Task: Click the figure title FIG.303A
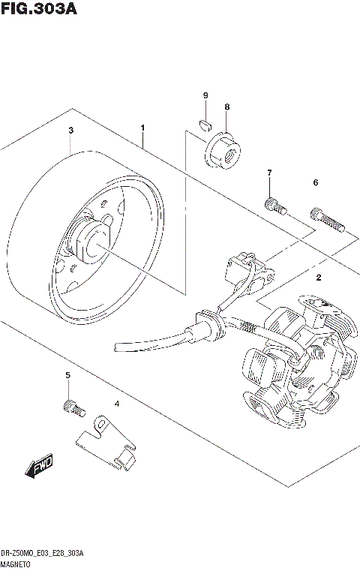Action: pyautogui.click(x=39, y=8)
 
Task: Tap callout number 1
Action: pyautogui.click(x=143, y=128)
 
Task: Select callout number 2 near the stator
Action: pyautogui.click(x=319, y=278)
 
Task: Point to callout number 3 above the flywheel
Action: pyautogui.click(x=71, y=130)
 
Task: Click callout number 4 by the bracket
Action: pyautogui.click(x=117, y=404)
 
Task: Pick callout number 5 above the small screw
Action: pyautogui.click(x=67, y=375)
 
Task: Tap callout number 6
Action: pyautogui.click(x=316, y=182)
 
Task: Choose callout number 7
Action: pyautogui.click(x=269, y=173)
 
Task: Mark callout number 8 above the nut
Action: pyautogui.click(x=227, y=107)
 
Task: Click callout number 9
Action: pyautogui.click(x=205, y=95)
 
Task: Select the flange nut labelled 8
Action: pyautogui.click(x=223, y=151)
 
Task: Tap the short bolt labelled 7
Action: pyautogui.click(x=275, y=206)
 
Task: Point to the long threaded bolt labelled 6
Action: pyautogui.click(x=327, y=219)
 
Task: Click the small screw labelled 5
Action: pyautogui.click(x=74, y=408)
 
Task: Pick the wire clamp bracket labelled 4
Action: pyautogui.click(x=106, y=443)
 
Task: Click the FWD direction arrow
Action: pyautogui.click(x=39, y=465)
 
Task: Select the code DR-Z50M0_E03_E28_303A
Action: pyautogui.click(x=42, y=554)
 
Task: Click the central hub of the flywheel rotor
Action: pyautogui.click(x=93, y=243)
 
